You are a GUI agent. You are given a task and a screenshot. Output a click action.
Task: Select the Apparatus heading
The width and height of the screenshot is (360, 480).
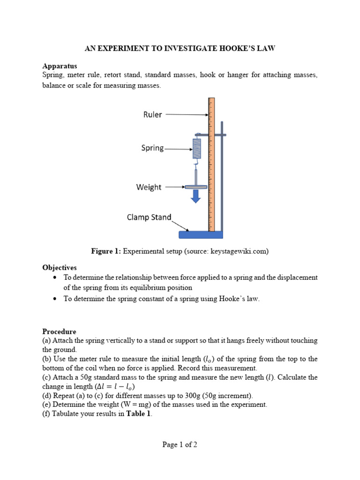coord(60,66)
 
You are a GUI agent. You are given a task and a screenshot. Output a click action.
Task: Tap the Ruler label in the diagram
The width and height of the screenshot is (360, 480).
coord(153,114)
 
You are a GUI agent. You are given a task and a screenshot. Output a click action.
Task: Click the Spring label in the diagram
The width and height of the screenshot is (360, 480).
coord(152,148)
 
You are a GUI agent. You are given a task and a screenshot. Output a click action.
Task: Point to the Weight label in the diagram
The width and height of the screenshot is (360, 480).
coord(149,187)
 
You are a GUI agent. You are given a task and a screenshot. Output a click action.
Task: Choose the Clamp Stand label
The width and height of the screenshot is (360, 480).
coord(149,217)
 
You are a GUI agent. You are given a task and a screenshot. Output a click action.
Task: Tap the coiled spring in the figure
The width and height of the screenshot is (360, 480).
coord(197,148)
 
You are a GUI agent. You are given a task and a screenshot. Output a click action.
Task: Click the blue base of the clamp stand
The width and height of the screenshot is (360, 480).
coord(201,234)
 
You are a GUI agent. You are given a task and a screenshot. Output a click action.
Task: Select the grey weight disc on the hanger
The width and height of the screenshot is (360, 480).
coord(196,187)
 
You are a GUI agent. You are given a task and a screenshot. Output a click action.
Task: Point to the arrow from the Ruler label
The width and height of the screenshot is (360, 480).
coord(186,114)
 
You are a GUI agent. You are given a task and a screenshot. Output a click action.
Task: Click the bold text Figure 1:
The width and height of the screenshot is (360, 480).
coord(105,251)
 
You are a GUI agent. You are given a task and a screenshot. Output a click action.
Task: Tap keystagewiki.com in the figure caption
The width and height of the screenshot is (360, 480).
coord(243,251)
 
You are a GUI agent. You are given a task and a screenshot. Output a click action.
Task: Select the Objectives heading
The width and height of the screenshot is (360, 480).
coord(60,267)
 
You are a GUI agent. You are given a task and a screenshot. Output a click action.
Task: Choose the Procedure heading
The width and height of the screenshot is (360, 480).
coord(59,331)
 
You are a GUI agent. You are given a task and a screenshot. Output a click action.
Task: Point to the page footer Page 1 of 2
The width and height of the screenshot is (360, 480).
coord(180,445)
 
